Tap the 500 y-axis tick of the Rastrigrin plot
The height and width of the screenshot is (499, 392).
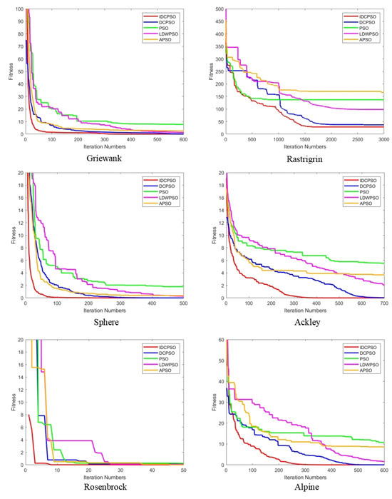click(217, 9)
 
